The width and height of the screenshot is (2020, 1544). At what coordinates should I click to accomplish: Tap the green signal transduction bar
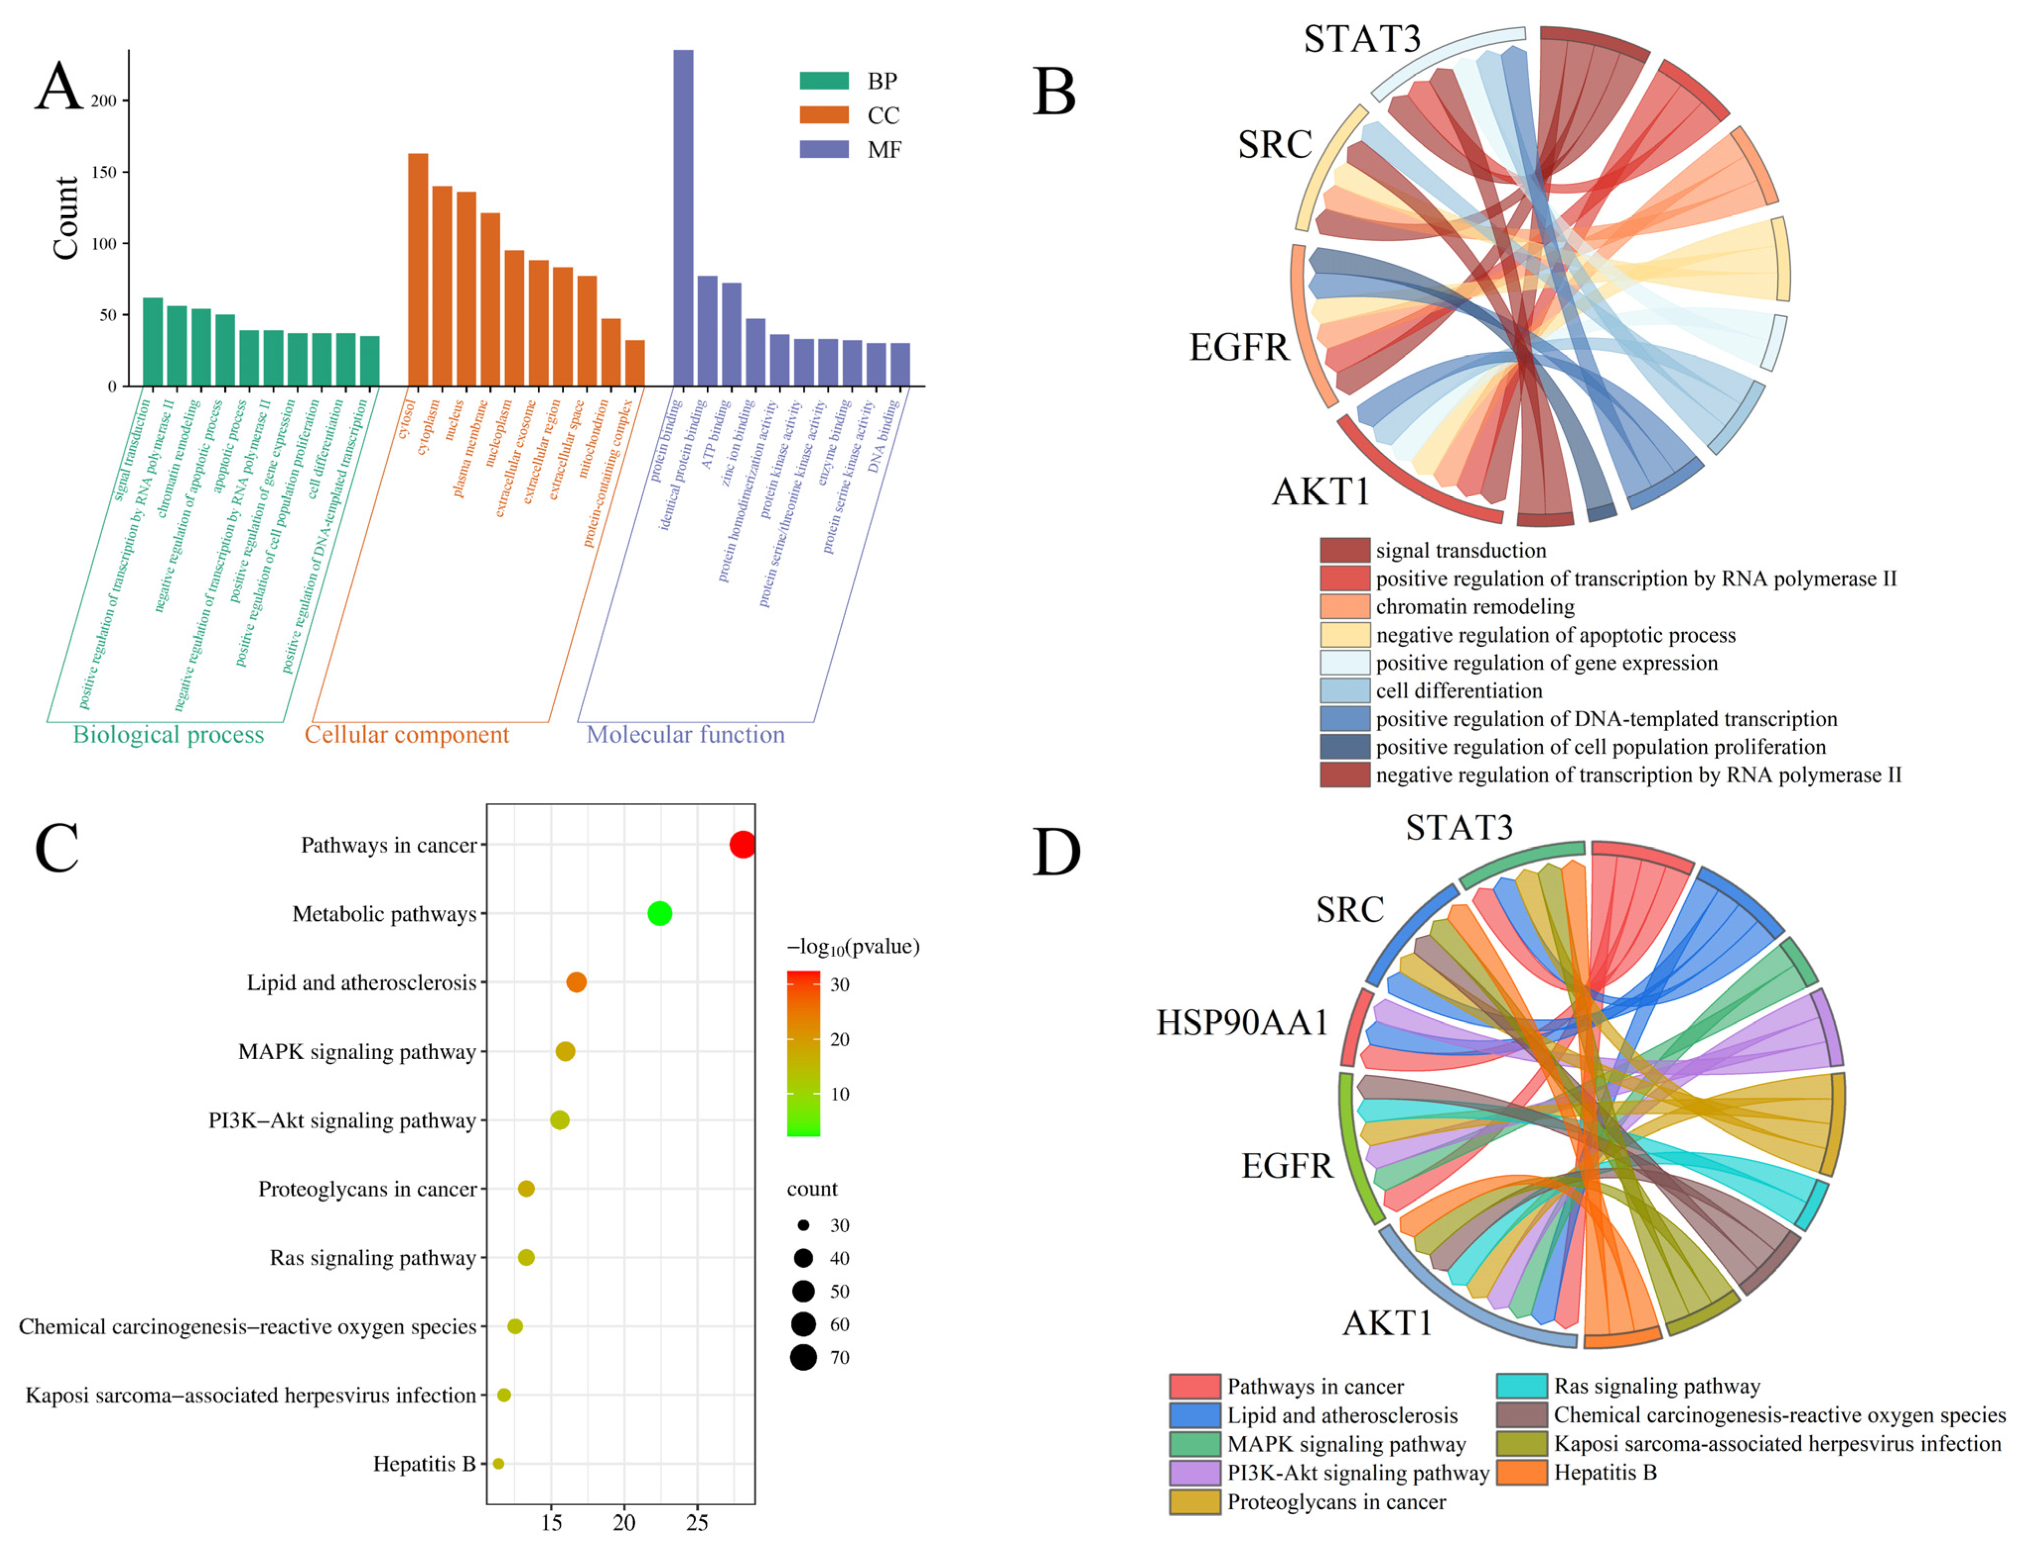(152, 342)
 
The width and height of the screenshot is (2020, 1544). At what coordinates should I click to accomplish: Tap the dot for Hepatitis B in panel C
(498, 1463)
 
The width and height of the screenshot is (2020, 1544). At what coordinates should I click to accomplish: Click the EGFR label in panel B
(1239, 348)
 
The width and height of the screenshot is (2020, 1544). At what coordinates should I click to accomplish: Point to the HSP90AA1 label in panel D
(1242, 1022)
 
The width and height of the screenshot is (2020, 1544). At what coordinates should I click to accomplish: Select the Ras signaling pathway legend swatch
(1521, 1386)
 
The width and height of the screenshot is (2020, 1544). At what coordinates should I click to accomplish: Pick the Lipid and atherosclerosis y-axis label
(361, 983)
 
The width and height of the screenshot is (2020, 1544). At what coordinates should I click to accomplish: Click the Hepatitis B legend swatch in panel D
(1521, 1473)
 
